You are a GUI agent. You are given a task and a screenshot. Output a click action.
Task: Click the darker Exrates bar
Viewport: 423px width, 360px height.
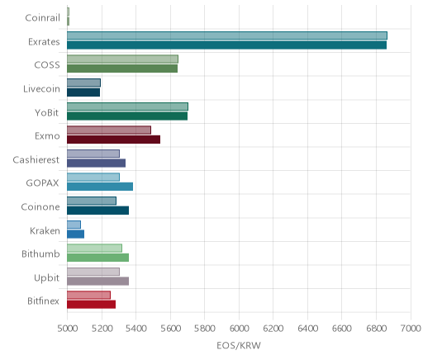tap(226, 45)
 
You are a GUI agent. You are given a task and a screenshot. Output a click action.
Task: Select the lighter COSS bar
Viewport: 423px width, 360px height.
tap(122, 59)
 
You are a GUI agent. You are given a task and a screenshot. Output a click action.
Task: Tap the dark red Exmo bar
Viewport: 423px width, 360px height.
tap(113, 140)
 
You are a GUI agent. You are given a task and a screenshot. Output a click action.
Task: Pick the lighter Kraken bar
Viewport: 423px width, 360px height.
tap(74, 225)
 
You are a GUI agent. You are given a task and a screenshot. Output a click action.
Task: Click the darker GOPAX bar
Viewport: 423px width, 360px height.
tap(100, 187)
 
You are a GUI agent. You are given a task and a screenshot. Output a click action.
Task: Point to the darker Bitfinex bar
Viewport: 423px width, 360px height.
tap(91, 305)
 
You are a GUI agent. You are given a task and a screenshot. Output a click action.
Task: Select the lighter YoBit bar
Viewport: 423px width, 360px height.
tap(127, 107)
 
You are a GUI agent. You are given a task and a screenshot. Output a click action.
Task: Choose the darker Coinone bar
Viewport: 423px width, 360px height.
tap(97, 211)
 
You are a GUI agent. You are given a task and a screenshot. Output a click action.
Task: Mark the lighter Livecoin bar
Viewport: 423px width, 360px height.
tap(83, 83)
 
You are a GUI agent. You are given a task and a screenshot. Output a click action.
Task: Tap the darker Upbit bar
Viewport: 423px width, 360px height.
tap(97, 282)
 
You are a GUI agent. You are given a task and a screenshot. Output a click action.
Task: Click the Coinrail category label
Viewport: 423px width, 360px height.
tap(42, 18)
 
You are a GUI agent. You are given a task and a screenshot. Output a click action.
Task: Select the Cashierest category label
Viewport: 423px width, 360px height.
tap(36, 160)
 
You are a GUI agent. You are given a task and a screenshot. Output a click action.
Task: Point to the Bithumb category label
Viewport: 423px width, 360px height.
tap(40, 253)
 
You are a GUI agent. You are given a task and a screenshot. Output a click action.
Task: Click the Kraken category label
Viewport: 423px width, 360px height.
tap(45, 230)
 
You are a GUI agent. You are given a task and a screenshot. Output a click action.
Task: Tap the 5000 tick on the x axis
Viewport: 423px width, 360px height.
tap(67, 329)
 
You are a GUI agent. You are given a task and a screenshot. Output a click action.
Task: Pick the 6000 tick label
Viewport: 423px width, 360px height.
tap(239, 329)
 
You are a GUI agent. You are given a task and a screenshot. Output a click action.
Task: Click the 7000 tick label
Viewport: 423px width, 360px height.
tap(411, 329)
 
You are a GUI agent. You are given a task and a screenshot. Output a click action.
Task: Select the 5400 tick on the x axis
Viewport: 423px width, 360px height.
tap(135, 329)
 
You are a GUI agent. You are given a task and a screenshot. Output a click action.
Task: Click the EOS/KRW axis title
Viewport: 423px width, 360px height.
tap(239, 346)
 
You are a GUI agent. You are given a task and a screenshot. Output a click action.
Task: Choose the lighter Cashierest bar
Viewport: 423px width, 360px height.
tap(93, 154)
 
